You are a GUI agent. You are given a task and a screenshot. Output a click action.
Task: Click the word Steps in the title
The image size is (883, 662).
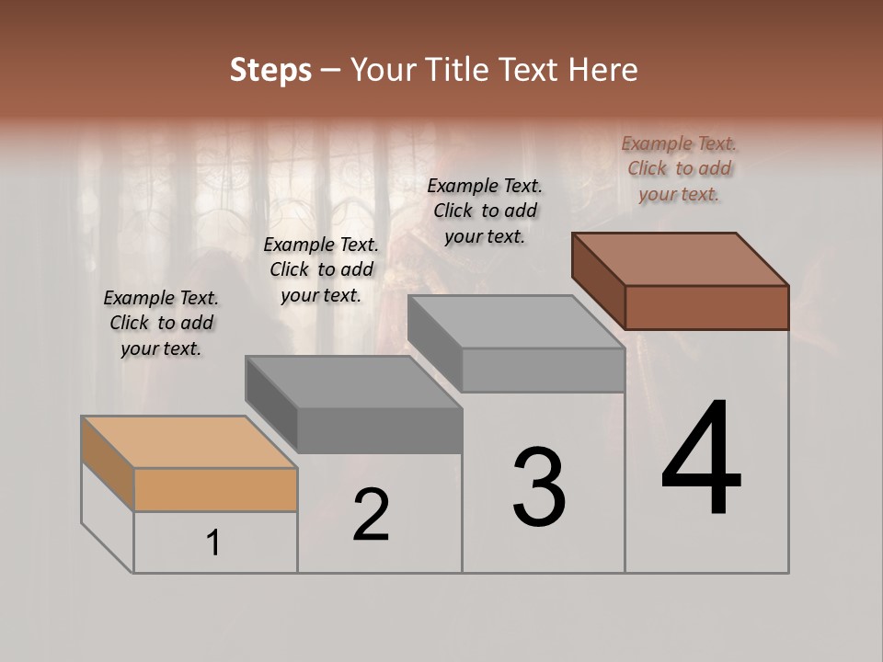click(x=270, y=70)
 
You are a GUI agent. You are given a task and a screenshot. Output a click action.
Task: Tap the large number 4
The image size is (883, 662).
click(x=701, y=459)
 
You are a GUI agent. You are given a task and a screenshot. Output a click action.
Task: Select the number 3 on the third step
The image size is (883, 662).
click(x=539, y=487)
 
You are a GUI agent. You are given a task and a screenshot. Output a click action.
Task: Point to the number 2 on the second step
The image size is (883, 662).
click(x=371, y=515)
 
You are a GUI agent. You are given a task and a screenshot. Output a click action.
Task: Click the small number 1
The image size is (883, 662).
click(x=213, y=543)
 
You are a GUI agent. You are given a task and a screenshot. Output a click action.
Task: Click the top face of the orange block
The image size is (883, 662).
click(x=189, y=442)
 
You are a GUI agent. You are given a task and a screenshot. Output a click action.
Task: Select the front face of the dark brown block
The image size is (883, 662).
click(x=706, y=307)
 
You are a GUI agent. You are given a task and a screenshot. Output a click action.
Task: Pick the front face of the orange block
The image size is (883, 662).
click(x=215, y=489)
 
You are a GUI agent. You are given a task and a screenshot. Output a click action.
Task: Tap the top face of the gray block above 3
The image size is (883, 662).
click(x=516, y=322)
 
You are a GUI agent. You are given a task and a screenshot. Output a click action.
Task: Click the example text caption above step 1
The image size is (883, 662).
click(x=161, y=323)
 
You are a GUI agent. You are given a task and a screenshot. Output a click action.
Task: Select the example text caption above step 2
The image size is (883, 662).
click(x=321, y=269)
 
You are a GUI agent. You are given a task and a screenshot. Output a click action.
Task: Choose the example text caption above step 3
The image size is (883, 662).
click(x=485, y=211)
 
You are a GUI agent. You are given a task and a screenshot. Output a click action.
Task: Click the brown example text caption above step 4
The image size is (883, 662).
click(x=680, y=168)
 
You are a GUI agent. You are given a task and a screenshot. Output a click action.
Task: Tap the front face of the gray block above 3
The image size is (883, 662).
click(x=543, y=371)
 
